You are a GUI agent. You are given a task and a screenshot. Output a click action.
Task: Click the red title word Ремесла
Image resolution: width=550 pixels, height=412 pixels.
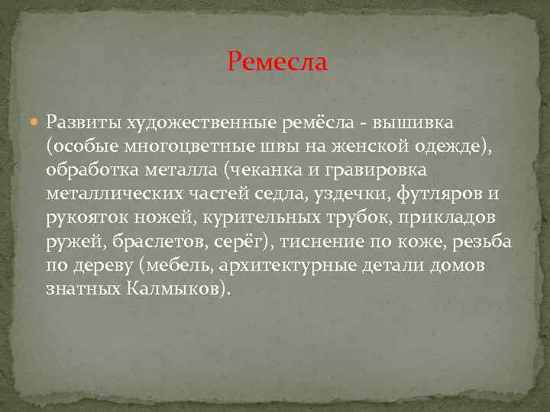point(277,61)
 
